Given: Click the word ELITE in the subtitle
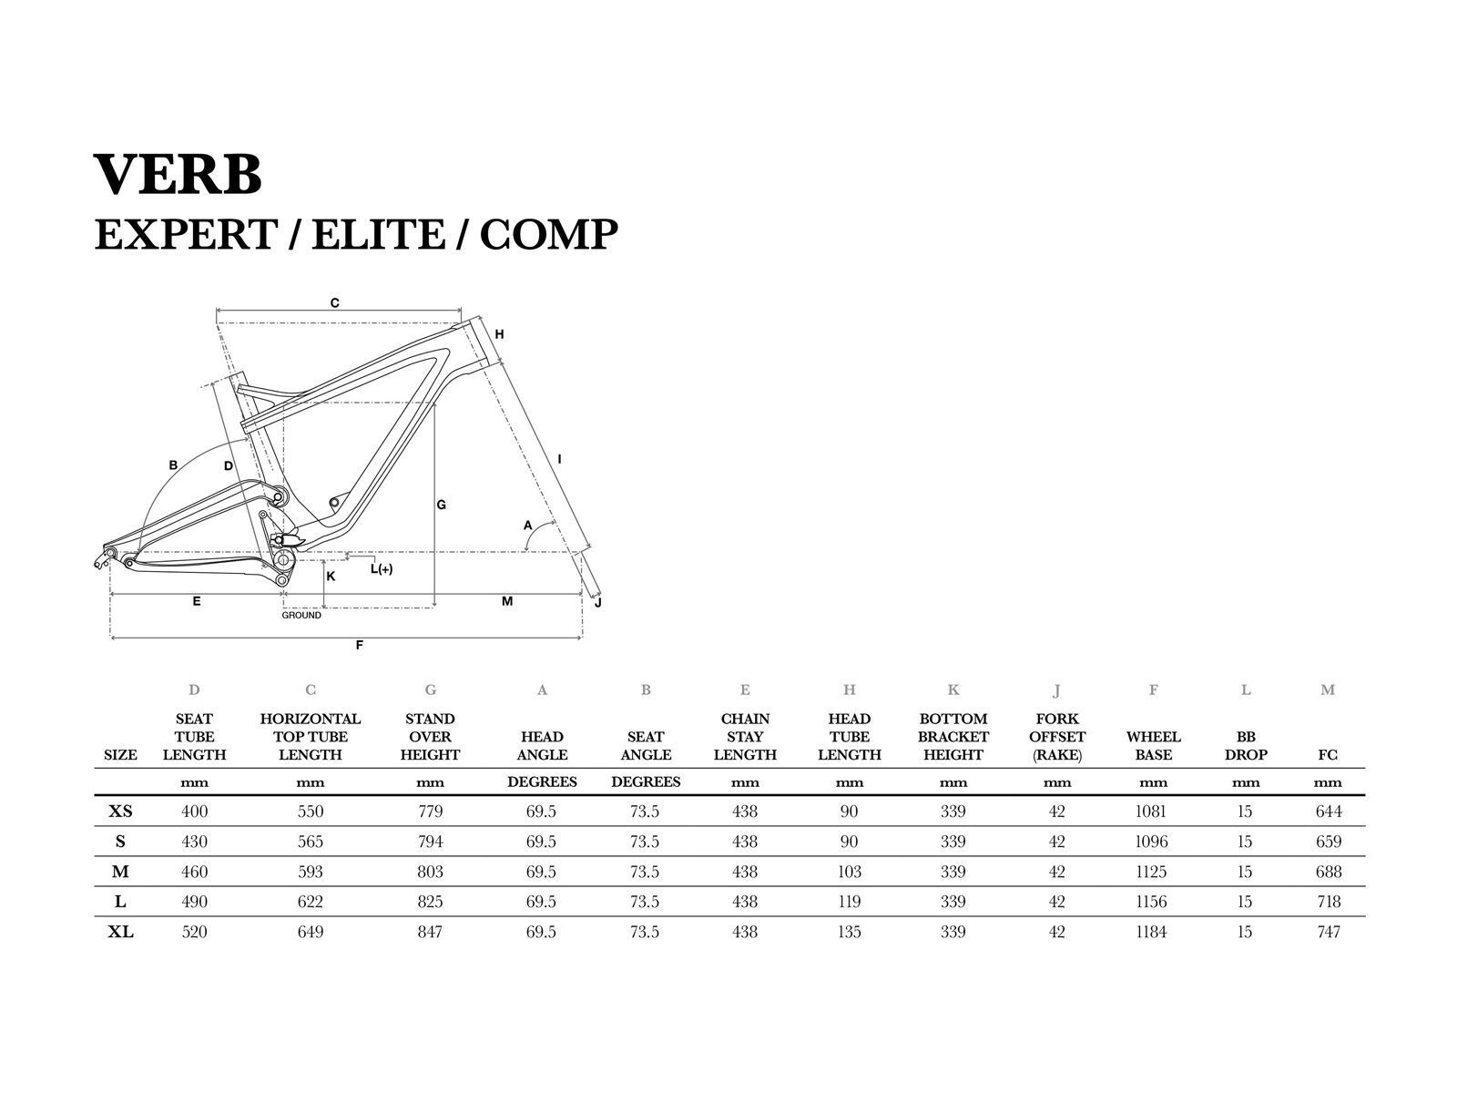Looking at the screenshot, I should click(x=379, y=234).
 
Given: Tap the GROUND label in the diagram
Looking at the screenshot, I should click(x=301, y=616).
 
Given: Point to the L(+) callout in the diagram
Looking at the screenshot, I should click(x=382, y=569).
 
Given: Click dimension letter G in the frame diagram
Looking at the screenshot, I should click(x=442, y=505).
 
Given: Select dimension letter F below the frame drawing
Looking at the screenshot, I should click(x=360, y=646).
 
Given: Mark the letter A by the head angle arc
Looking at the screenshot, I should click(x=527, y=526).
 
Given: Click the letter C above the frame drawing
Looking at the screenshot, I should click(x=335, y=303).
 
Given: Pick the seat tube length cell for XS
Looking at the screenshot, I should click(x=195, y=812).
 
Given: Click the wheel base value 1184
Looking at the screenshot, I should click(x=1152, y=932).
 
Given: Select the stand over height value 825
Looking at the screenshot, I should click(x=430, y=902).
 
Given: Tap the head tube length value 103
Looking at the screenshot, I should click(x=849, y=872).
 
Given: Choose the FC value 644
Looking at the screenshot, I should click(x=1329, y=812).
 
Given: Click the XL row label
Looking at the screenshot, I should click(x=121, y=932).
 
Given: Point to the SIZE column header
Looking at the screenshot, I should click(x=121, y=755).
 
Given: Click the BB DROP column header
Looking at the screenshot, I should click(x=1246, y=746).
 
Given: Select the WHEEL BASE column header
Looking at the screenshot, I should click(x=1153, y=746).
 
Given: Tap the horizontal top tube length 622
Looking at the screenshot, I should click(x=311, y=902).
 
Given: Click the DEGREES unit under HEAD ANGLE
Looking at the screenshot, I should click(x=542, y=782).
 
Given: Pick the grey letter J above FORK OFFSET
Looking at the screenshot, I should click(x=1057, y=690).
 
